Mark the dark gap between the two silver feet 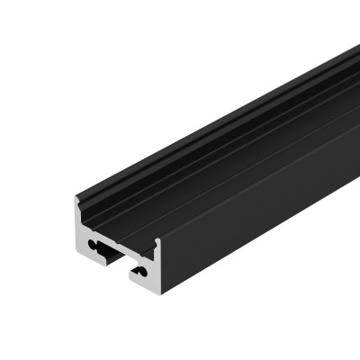[114, 267]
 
